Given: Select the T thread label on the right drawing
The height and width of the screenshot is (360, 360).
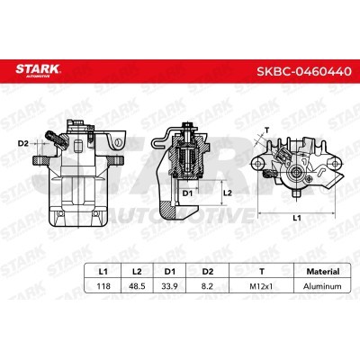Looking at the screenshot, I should [x=267, y=129].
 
